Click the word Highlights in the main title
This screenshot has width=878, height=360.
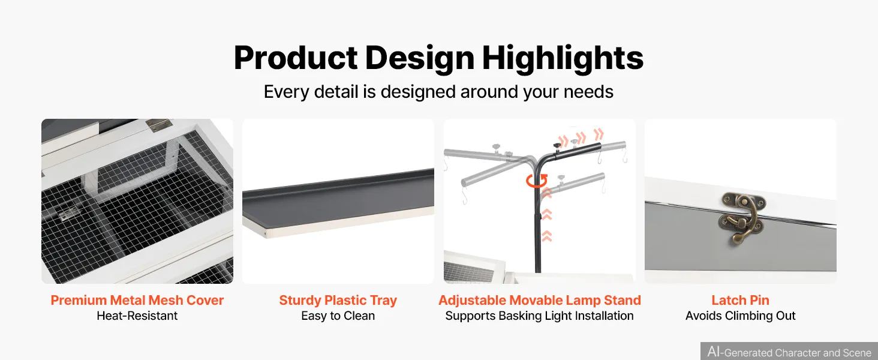click(x=563, y=58)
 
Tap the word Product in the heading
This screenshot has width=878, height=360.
click(x=296, y=58)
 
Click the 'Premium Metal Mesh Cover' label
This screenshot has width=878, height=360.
click(x=137, y=300)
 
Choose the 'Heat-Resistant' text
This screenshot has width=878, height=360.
click(x=137, y=316)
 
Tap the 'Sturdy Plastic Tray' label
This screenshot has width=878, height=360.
click(x=338, y=300)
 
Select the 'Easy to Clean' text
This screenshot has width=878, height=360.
click(x=338, y=316)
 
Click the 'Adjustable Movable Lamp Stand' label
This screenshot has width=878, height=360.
click(x=539, y=300)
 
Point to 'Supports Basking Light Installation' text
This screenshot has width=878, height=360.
click(x=539, y=316)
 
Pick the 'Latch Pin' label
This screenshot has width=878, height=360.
click(x=741, y=300)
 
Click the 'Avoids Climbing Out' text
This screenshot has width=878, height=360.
click(x=741, y=316)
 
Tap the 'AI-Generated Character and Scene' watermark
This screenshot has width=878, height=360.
click(x=789, y=352)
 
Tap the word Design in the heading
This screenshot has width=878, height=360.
click(x=420, y=58)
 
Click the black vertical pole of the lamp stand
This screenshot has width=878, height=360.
click(x=538, y=220)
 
